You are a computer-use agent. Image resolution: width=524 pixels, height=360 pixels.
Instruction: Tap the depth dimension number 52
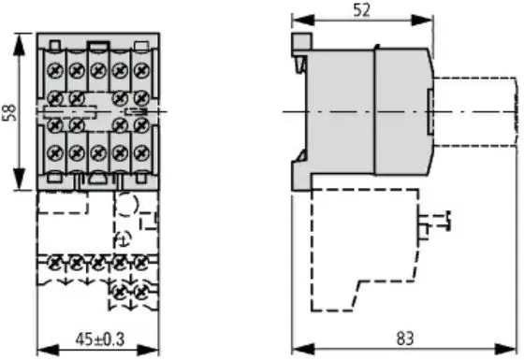pos(360,10)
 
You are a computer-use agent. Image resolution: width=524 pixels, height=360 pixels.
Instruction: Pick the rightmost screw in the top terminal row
pos(140,69)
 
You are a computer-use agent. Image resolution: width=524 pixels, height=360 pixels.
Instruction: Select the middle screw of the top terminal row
pos(97,69)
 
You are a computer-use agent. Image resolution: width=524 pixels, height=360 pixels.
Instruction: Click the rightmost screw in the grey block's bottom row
pos(140,151)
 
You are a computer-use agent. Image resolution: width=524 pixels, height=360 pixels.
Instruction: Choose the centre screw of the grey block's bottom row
pos(97,151)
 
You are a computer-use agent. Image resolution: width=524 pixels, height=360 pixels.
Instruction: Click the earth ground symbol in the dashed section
pos(122,241)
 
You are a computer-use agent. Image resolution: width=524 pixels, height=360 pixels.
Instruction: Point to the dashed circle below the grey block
pos(129,204)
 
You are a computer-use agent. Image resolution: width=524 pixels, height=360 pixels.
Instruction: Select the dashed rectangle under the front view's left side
pos(64,204)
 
